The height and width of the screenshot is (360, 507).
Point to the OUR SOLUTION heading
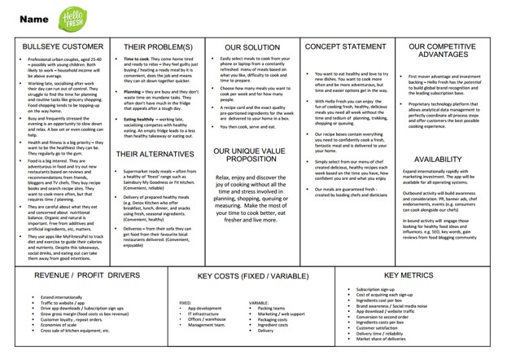click(x=251, y=47)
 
